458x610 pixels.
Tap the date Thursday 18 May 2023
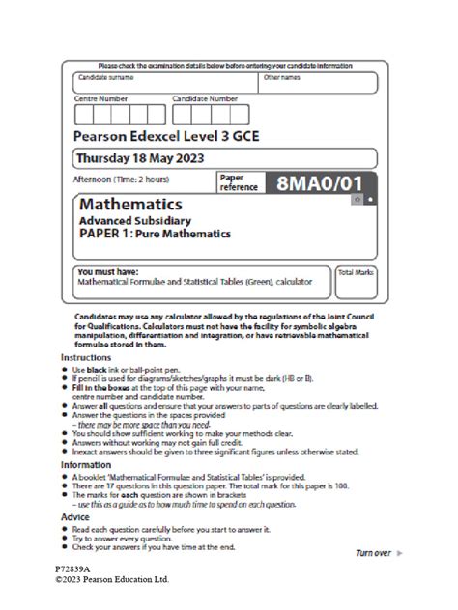point(139,158)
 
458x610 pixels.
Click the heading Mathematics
point(130,206)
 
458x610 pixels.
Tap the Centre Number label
point(101,98)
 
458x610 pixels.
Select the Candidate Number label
point(205,98)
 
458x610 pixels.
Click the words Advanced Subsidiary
point(131,220)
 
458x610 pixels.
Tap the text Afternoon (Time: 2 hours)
point(122,180)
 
